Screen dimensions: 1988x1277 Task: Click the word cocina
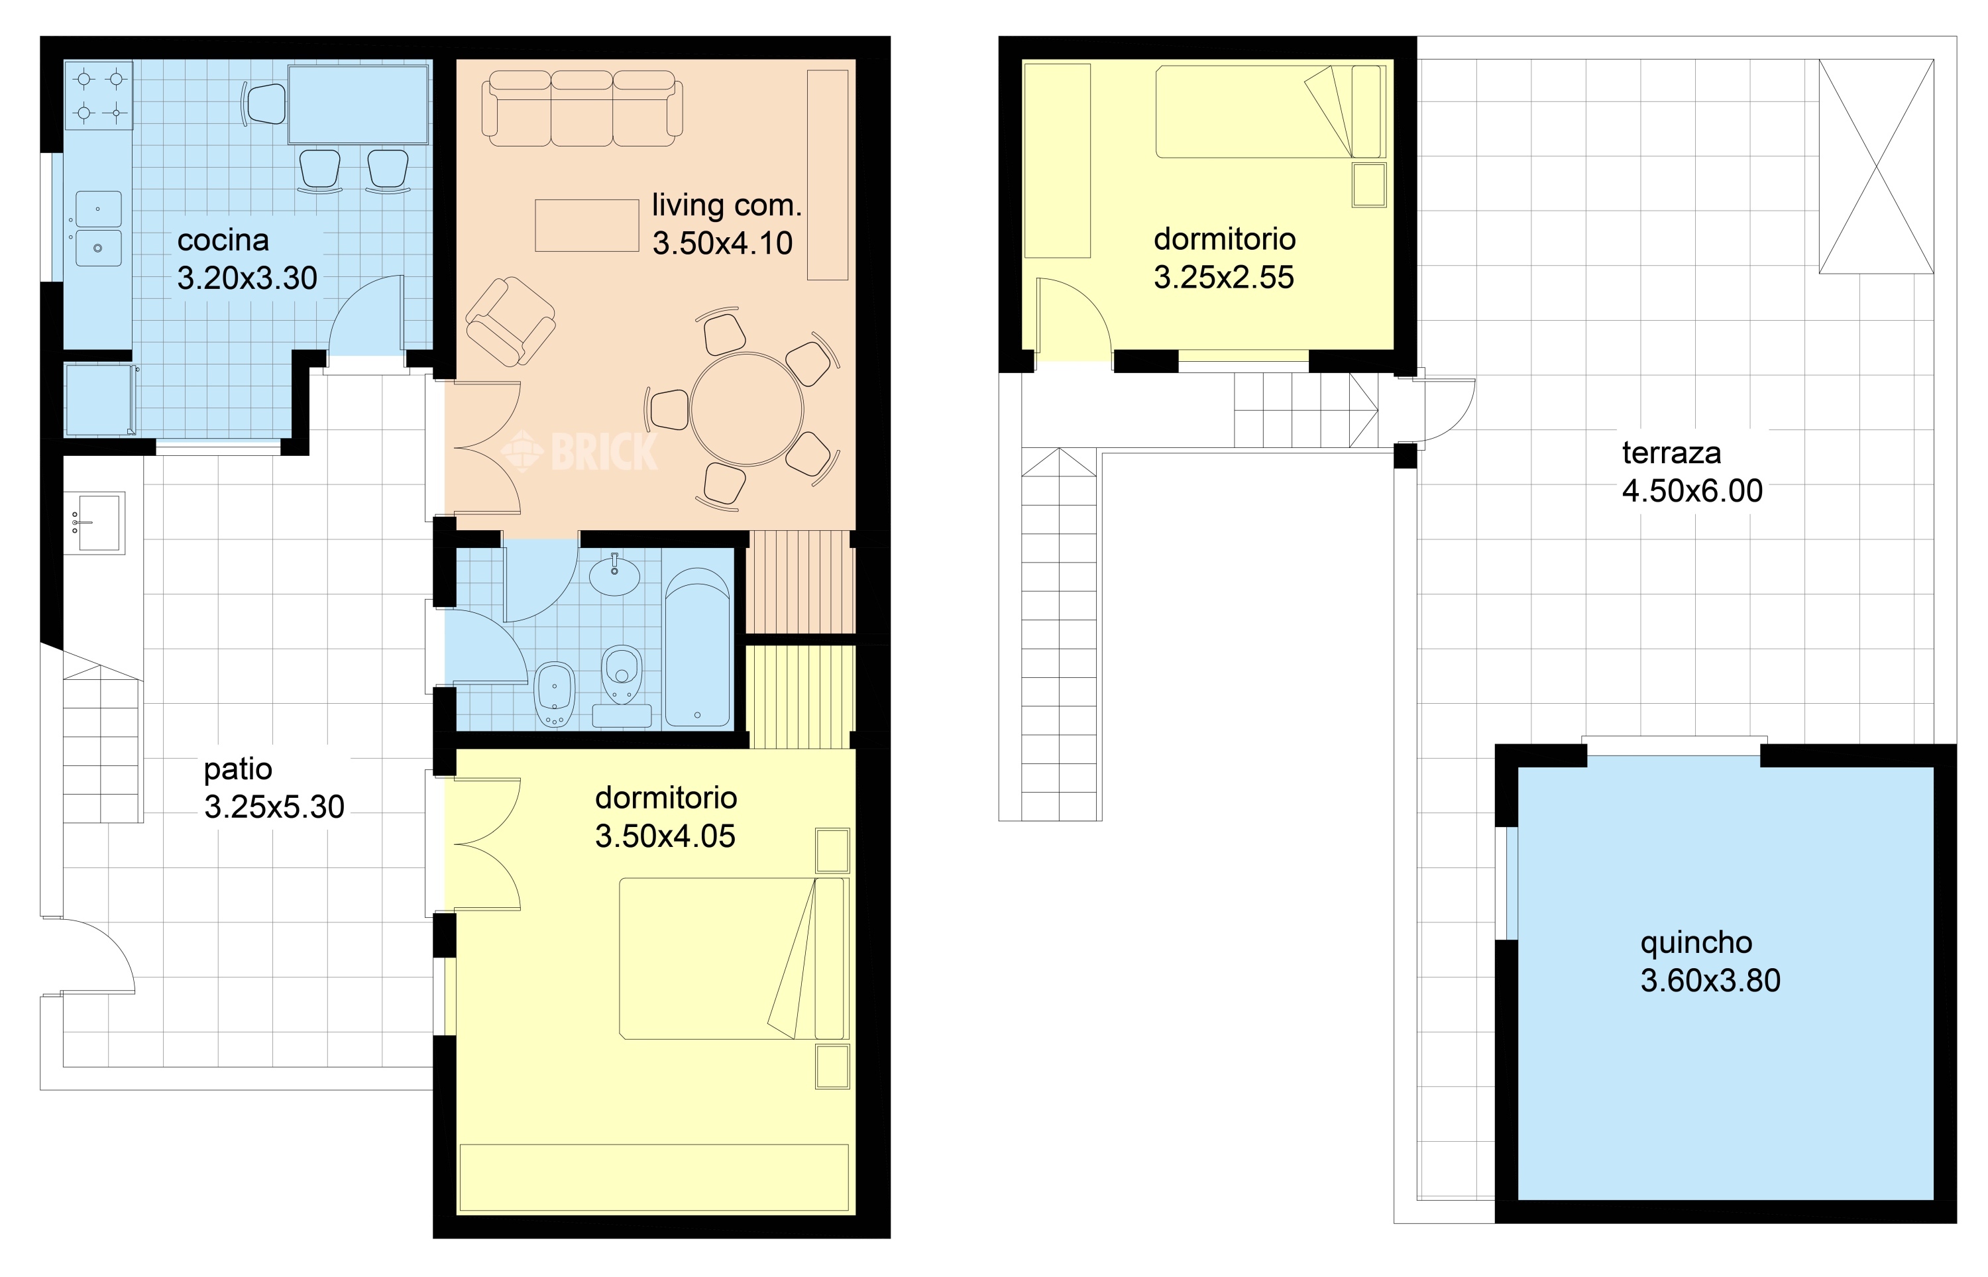(223, 241)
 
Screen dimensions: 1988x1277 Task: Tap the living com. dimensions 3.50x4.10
(722, 243)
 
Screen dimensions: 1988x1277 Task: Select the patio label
(238, 769)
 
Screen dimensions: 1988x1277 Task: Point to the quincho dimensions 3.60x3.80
(1710, 981)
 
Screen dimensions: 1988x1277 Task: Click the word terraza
(1671, 453)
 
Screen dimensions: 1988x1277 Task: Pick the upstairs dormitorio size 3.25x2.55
(1224, 278)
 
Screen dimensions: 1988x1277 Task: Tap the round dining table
(747, 409)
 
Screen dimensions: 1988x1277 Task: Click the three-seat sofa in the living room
(582, 108)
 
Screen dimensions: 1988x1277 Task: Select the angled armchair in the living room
(511, 322)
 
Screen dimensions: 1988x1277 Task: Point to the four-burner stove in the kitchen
(99, 95)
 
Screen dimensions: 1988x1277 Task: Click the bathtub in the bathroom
(697, 647)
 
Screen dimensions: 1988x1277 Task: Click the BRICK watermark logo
(579, 452)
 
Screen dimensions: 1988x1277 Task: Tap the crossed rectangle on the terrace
(1876, 166)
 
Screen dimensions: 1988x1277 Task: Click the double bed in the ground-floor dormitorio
(734, 959)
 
